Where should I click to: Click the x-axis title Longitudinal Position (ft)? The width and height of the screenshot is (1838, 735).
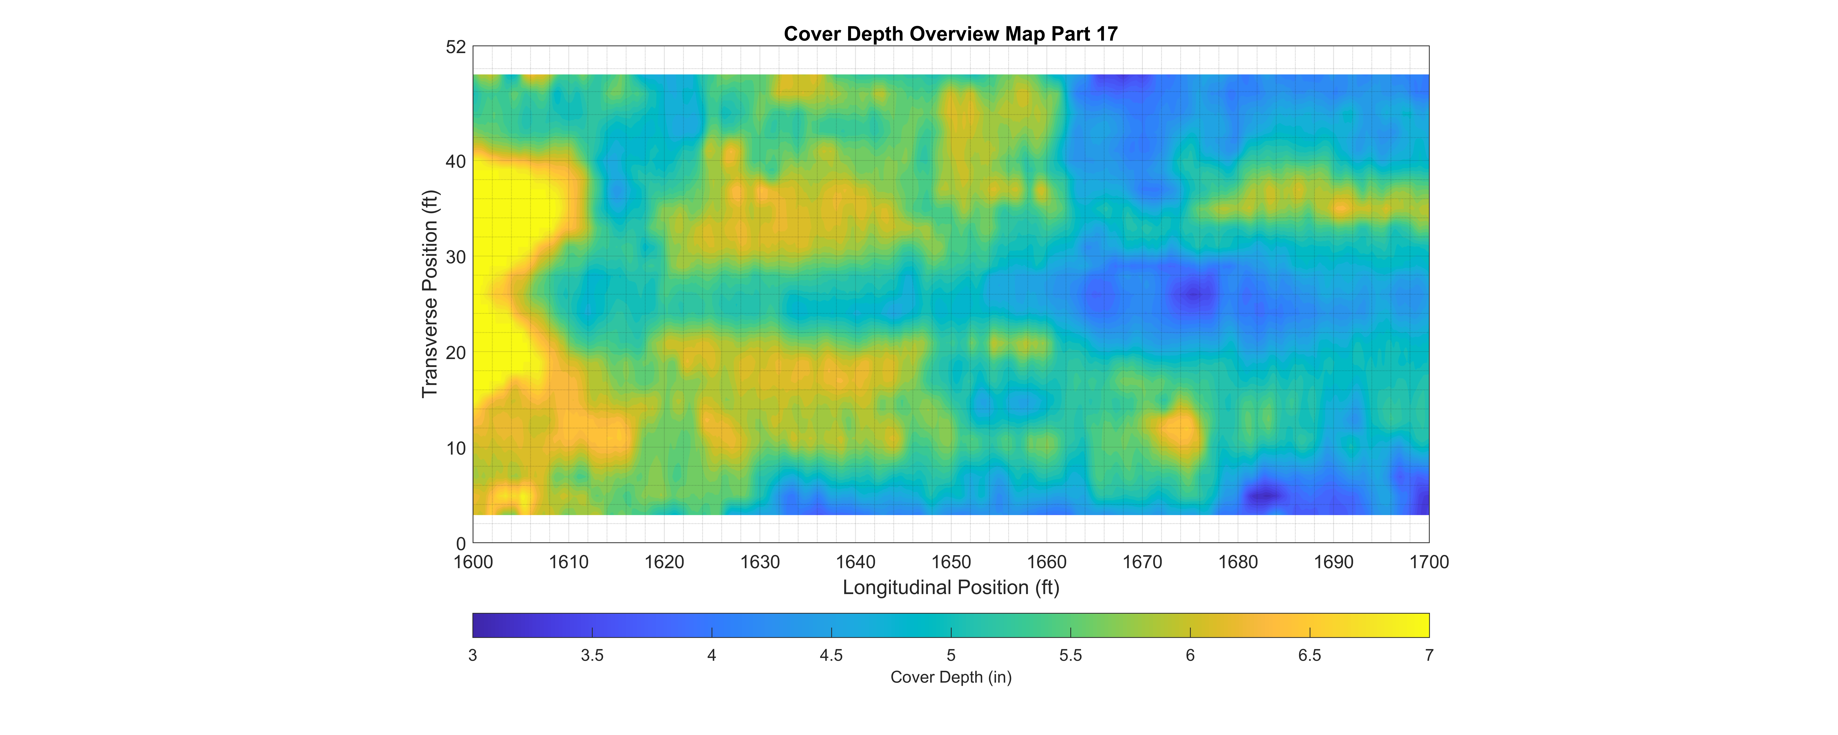click(950, 587)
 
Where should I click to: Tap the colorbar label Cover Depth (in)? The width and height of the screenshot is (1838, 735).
click(950, 677)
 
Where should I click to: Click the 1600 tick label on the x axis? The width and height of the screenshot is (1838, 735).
click(473, 562)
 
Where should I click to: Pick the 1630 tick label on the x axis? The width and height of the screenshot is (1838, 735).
click(760, 562)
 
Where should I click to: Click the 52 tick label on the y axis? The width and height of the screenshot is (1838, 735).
click(456, 47)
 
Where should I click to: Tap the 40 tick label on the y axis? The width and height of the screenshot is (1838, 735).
click(456, 162)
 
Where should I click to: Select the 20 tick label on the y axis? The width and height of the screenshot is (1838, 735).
click(456, 352)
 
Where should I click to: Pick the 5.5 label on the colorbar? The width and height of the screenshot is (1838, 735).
click(1070, 655)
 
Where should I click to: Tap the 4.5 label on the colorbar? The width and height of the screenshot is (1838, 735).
click(831, 655)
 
